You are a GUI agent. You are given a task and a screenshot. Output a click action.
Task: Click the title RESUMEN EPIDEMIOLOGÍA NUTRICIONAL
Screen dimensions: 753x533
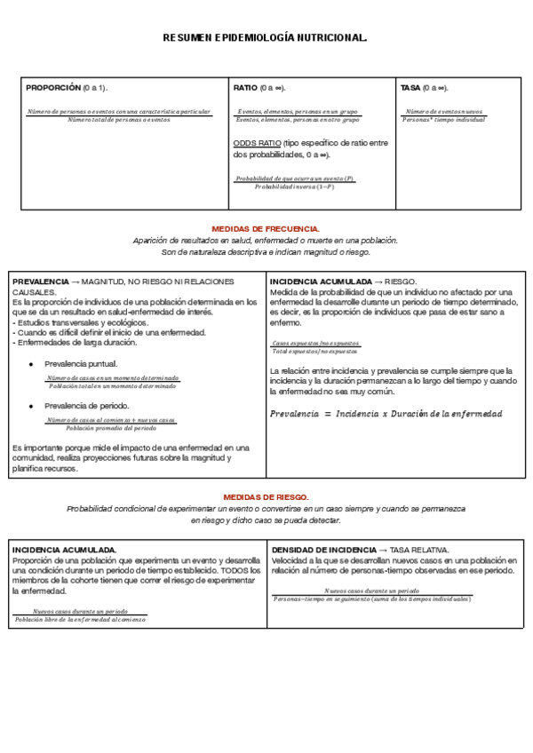pos(266,38)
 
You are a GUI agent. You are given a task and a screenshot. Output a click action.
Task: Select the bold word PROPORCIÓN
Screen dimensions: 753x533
pos(53,88)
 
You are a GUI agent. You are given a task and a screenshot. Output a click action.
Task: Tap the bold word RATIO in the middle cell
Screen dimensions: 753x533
pos(245,88)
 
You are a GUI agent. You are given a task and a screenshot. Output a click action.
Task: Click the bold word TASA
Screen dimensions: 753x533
pos(410,88)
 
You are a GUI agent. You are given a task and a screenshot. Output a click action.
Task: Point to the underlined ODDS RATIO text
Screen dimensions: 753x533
pos(257,143)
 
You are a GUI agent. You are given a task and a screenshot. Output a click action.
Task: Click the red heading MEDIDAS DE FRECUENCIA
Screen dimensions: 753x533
pos(266,229)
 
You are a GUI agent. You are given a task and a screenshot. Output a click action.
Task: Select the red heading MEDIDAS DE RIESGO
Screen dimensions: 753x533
pos(266,497)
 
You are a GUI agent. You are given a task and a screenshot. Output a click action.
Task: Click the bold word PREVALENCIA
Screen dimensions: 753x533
pos(39,281)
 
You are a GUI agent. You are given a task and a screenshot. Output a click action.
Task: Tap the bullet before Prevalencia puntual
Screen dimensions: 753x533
pos(31,364)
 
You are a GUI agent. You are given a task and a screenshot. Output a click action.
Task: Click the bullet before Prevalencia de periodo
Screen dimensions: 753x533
pos(31,405)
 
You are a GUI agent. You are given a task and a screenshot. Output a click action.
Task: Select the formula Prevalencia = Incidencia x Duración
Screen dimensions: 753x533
pos(386,414)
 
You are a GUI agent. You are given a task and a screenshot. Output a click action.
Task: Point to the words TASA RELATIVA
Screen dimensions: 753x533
pos(419,550)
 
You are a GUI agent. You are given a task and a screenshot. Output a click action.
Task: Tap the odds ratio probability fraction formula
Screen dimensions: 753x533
pos(295,183)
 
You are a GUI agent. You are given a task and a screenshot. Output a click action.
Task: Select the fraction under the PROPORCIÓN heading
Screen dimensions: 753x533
pos(119,115)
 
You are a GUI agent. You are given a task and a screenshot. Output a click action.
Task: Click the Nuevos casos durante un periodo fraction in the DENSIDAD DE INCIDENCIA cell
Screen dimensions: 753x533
pos(371,595)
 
